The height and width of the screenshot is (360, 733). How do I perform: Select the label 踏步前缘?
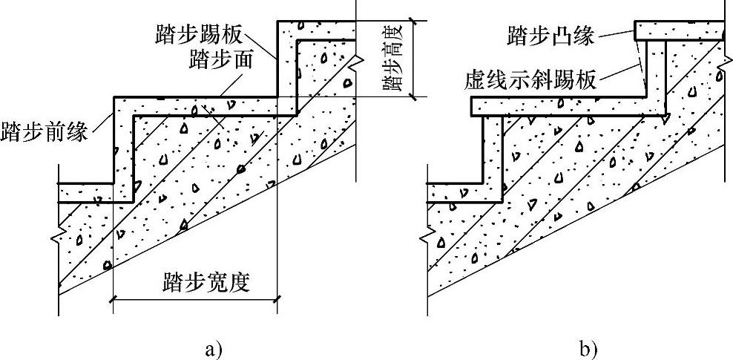(45, 133)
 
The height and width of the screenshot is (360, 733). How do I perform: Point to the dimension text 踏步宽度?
(207, 283)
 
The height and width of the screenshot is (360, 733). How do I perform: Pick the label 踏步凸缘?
(550, 35)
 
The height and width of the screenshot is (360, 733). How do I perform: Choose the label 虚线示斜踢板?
(530, 79)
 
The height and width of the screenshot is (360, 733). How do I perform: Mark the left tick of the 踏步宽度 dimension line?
(113, 299)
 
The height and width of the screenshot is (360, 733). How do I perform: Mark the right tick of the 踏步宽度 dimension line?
(278, 299)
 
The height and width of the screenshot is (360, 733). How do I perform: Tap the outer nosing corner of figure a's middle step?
(114, 97)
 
